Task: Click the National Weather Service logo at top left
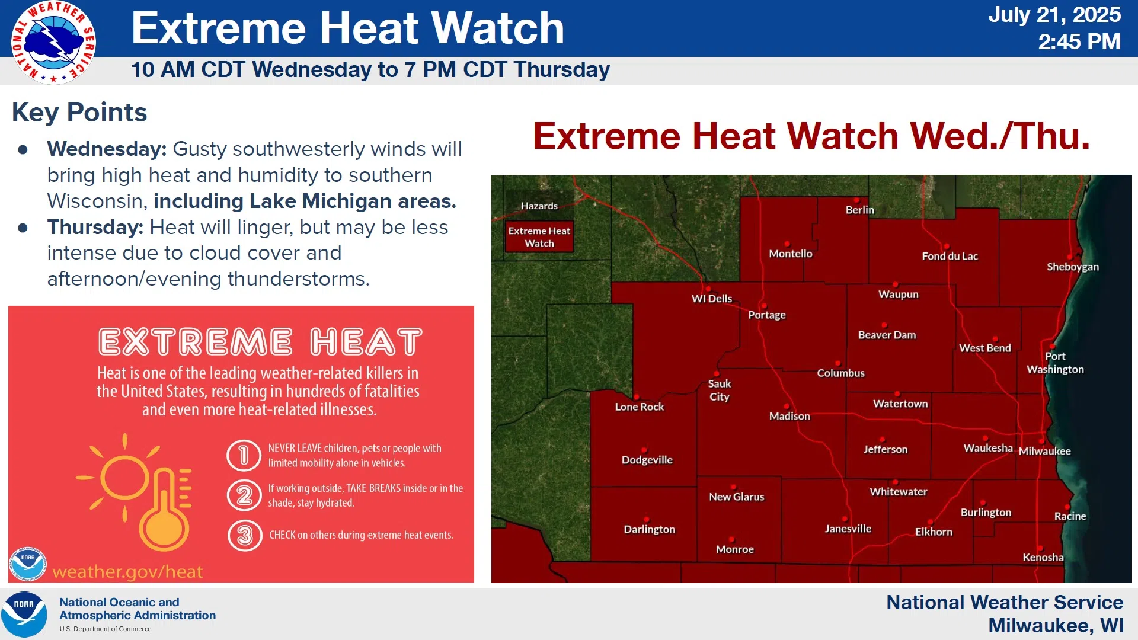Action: (x=53, y=42)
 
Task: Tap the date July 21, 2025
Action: (x=1054, y=14)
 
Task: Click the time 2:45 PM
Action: (x=1079, y=41)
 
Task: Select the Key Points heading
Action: (x=79, y=112)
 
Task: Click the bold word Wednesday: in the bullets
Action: (x=107, y=149)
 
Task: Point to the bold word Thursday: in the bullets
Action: (x=95, y=227)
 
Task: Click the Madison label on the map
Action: (x=789, y=416)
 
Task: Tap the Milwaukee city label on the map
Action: (x=1044, y=451)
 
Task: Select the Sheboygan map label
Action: (x=1073, y=267)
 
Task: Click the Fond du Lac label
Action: (x=950, y=256)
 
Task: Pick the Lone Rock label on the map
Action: (x=639, y=407)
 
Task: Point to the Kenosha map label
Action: (x=1043, y=557)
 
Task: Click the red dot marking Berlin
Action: (x=856, y=200)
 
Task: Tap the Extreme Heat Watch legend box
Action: (x=539, y=237)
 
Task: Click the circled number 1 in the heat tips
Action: (x=244, y=455)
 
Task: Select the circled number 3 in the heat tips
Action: (x=245, y=536)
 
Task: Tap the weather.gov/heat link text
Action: (x=127, y=571)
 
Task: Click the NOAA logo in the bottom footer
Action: (x=24, y=614)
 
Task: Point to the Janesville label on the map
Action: (x=848, y=529)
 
